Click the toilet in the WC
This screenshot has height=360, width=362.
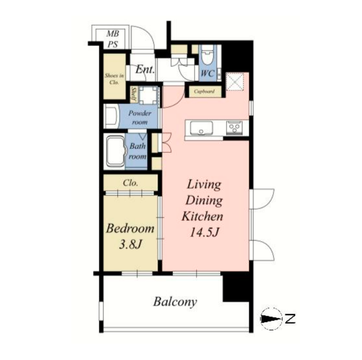pyautogui.click(x=207, y=55)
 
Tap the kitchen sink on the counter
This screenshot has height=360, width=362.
pyautogui.click(x=201, y=128)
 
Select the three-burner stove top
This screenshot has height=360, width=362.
pyautogui.click(x=234, y=128)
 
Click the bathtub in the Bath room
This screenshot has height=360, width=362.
pyautogui.click(x=115, y=151)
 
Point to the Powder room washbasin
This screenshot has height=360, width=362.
pyautogui.click(x=111, y=116)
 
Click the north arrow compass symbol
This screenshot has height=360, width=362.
pyautogui.click(x=271, y=319)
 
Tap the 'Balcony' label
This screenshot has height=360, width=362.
pyautogui.click(x=175, y=302)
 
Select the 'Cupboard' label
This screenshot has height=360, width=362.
pyautogui.click(x=204, y=91)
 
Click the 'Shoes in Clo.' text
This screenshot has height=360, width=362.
pyautogui.click(x=114, y=79)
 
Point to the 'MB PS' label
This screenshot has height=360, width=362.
pyautogui.click(x=113, y=39)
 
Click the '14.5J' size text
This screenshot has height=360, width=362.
pyautogui.click(x=204, y=232)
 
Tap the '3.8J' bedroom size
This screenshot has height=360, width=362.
pyautogui.click(x=130, y=244)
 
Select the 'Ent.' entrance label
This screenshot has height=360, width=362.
pyautogui.click(x=145, y=69)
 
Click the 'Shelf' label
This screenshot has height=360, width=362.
pyautogui.click(x=133, y=94)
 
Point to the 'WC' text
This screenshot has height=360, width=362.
pyautogui.click(x=207, y=73)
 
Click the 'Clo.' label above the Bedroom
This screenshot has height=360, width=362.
pyautogui.click(x=131, y=183)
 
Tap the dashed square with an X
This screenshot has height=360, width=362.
pyautogui.click(x=234, y=82)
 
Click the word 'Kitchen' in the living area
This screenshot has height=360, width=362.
pyautogui.click(x=202, y=216)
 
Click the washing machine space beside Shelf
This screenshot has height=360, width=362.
pyautogui.click(x=148, y=95)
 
